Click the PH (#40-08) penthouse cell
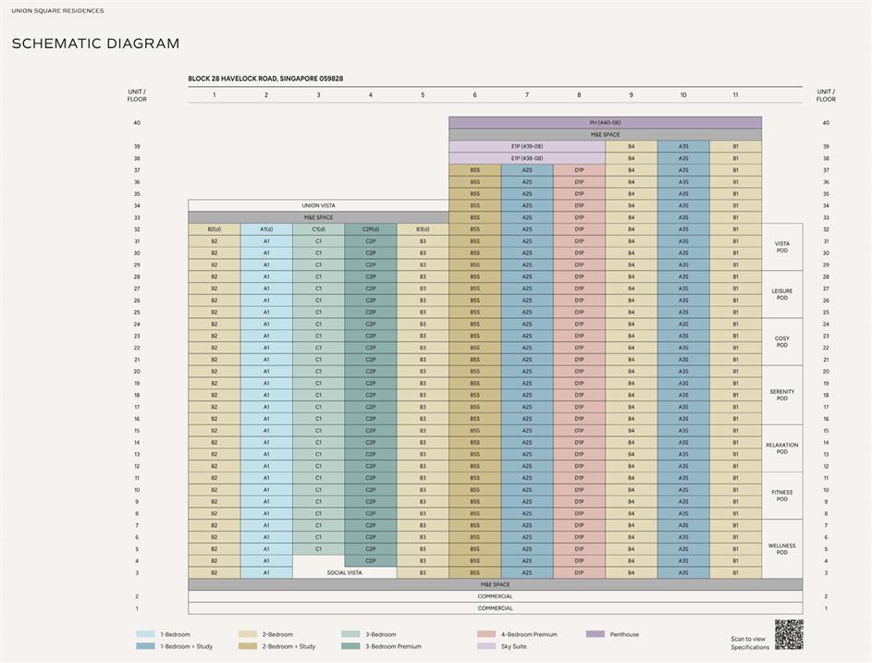[x=605, y=123]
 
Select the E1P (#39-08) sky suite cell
[x=527, y=146]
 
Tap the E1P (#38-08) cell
[x=527, y=158]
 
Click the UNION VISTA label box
[x=318, y=205]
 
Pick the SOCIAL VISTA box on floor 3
[x=344, y=572]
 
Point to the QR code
[x=788, y=634]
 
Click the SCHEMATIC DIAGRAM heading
[x=95, y=43]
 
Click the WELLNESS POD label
[x=781, y=548]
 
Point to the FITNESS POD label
[x=781, y=495]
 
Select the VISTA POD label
[x=781, y=247]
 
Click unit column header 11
[x=735, y=95]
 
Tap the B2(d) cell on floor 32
[x=214, y=229]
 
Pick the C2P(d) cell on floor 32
[x=370, y=229]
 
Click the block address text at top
[x=265, y=80]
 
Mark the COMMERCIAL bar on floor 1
[x=495, y=608]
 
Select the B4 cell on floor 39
[x=631, y=146]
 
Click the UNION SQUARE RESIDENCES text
[x=57, y=11]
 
